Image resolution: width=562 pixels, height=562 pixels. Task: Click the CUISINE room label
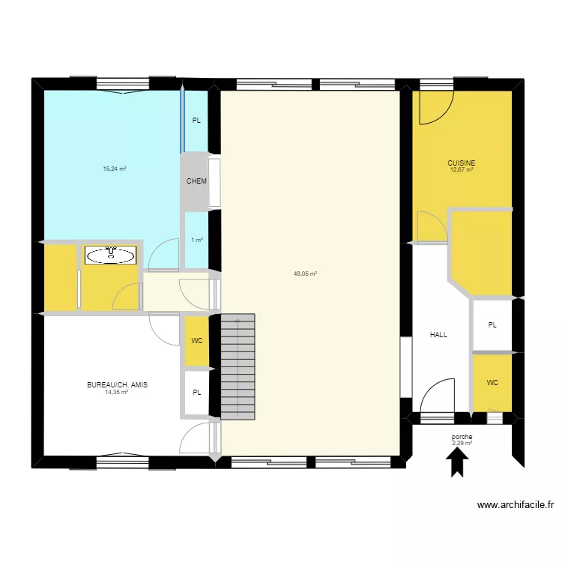tap(462, 163)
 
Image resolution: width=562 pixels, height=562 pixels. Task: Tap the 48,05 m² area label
tap(305, 274)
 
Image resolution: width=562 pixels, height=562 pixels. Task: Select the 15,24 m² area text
tap(115, 169)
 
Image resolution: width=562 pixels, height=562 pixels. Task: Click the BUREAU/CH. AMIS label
tap(117, 384)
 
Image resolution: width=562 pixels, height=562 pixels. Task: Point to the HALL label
tap(438, 335)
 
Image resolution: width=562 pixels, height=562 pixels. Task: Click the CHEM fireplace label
tap(196, 181)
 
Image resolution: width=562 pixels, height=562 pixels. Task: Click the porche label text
tap(462, 437)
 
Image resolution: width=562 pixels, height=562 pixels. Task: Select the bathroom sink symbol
tap(111, 256)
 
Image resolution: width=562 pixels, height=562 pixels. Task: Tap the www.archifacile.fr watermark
tap(515, 506)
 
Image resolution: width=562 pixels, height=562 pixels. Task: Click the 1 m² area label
tap(196, 240)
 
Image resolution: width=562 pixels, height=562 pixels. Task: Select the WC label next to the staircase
tap(196, 341)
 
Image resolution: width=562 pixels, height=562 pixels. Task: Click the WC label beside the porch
tap(492, 382)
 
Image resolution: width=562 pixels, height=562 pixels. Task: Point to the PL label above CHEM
tap(196, 120)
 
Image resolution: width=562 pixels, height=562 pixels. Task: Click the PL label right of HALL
tap(492, 325)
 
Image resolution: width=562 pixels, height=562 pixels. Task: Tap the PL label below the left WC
tap(196, 392)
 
